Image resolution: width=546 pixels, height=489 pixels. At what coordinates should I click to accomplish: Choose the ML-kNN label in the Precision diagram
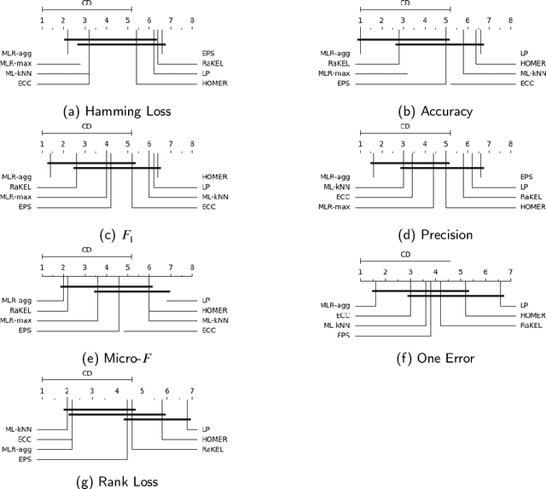[334, 187]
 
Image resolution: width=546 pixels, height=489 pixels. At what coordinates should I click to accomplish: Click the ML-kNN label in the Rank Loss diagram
[18, 429]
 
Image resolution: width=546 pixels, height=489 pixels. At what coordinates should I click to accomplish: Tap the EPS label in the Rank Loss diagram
[25, 460]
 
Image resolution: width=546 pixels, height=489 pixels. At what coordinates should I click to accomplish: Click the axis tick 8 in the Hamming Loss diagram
[191, 19]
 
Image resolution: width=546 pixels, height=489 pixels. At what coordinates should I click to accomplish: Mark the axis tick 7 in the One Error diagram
[509, 272]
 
